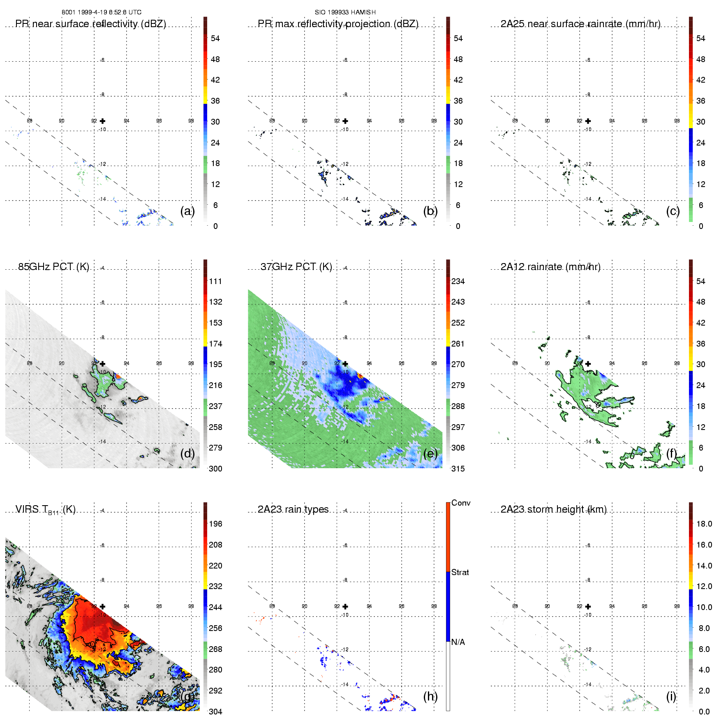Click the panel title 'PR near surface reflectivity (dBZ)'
pyautogui.click(x=90, y=24)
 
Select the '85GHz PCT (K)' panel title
pyautogui.click(x=53, y=267)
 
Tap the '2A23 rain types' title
pyautogui.click(x=293, y=509)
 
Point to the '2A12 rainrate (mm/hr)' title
pyautogui.click(x=550, y=267)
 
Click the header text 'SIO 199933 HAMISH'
pyautogui.click(x=345, y=12)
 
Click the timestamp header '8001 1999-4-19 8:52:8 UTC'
pyautogui.click(x=102, y=12)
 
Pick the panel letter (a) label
pyautogui.click(x=187, y=211)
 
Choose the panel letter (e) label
pyautogui.click(x=430, y=454)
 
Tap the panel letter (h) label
pyautogui.click(x=430, y=696)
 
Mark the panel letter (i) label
pyautogui.click(x=671, y=696)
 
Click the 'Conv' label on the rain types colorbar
pyautogui.click(x=461, y=503)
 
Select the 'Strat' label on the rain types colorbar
pyautogui.click(x=460, y=573)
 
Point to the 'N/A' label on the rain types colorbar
pyautogui.click(x=458, y=642)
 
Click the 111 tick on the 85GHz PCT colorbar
pyautogui.click(x=215, y=282)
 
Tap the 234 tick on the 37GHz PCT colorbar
pyautogui.click(x=458, y=282)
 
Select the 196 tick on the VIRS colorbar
pyautogui.click(x=215, y=524)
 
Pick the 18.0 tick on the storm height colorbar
pyautogui.click(x=704, y=524)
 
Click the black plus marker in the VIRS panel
pyautogui.click(x=103, y=607)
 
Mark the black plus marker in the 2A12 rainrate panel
pyautogui.click(x=588, y=364)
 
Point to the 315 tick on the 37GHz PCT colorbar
pyautogui.click(x=458, y=469)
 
